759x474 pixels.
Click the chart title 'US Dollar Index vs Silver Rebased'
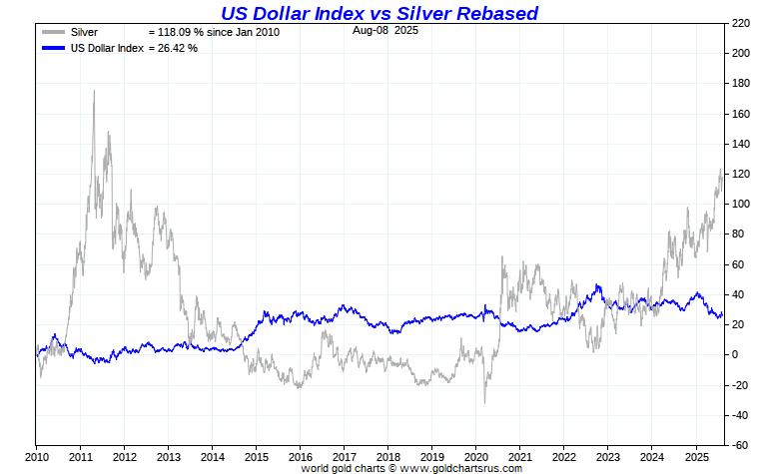click(379, 13)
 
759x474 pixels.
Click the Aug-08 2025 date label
click(385, 31)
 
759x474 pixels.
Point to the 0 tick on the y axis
click(735, 354)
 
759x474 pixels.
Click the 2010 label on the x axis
click(37, 457)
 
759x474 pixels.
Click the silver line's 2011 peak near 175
click(94, 92)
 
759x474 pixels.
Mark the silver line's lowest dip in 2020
click(485, 402)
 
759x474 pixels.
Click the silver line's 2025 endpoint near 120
click(721, 173)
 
